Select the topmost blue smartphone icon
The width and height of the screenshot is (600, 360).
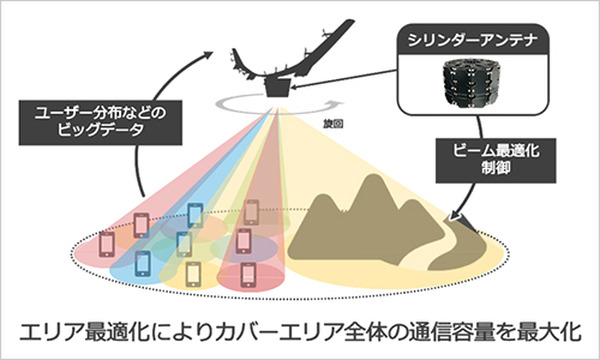(x=196, y=214)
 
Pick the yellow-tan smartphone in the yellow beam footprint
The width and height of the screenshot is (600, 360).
(x=193, y=272)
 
